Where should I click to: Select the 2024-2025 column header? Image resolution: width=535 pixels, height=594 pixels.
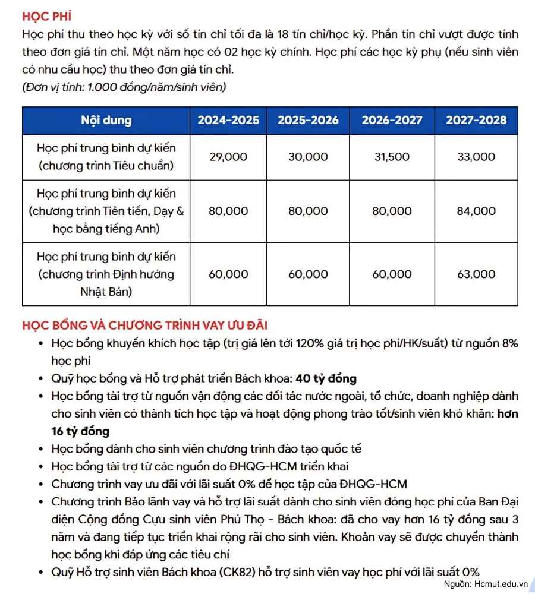click(228, 120)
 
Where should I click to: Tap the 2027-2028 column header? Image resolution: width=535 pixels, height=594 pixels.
click(476, 120)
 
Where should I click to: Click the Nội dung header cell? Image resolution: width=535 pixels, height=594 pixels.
click(106, 120)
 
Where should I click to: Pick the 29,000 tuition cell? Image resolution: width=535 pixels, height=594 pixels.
click(228, 157)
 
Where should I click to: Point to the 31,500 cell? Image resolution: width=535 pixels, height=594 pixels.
click(392, 157)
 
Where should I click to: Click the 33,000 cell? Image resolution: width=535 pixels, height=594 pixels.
click(476, 157)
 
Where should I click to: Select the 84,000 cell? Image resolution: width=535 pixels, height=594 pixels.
click(476, 211)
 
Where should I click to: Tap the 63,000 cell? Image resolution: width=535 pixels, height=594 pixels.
click(476, 274)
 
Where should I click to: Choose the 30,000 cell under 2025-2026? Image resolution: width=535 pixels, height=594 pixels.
click(308, 157)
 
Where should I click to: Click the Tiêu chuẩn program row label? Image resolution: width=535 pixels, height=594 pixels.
click(106, 157)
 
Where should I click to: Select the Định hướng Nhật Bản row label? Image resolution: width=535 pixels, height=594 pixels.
click(106, 274)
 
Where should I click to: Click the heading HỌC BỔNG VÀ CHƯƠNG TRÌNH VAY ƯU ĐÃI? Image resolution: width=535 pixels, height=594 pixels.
click(145, 326)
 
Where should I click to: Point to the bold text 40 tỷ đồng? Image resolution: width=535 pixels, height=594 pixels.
click(326, 378)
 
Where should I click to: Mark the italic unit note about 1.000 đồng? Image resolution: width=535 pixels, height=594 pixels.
click(124, 87)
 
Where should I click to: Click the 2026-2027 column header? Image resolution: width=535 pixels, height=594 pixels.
click(392, 120)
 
